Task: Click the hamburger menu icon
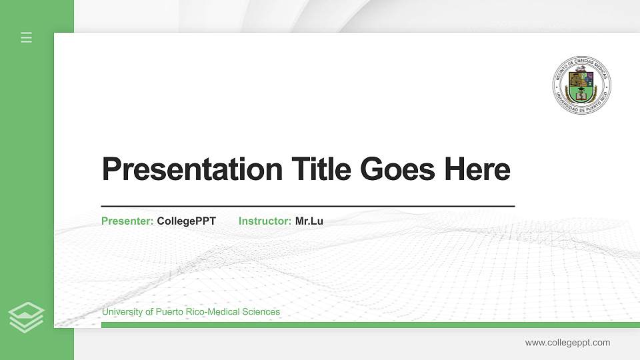27,37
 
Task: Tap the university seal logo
582,85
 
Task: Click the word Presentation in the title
192,169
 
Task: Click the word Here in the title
477,169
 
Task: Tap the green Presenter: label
127,221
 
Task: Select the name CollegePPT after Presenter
186,221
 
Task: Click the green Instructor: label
265,221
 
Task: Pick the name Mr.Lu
309,221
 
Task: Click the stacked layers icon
27,317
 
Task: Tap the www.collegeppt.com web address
567,343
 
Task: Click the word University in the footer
122,312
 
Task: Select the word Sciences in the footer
262,312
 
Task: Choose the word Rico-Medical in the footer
213,312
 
